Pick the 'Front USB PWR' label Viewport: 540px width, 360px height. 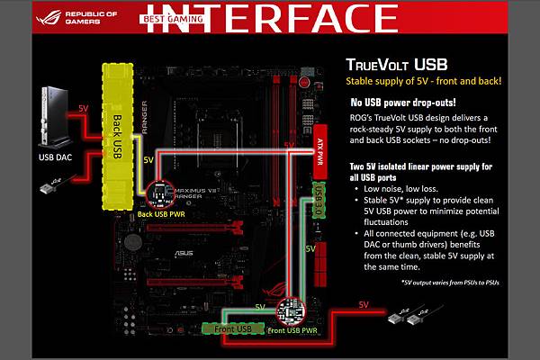(x=293, y=329)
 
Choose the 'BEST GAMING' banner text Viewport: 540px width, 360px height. (x=175, y=17)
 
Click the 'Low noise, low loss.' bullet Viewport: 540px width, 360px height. (x=402, y=191)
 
